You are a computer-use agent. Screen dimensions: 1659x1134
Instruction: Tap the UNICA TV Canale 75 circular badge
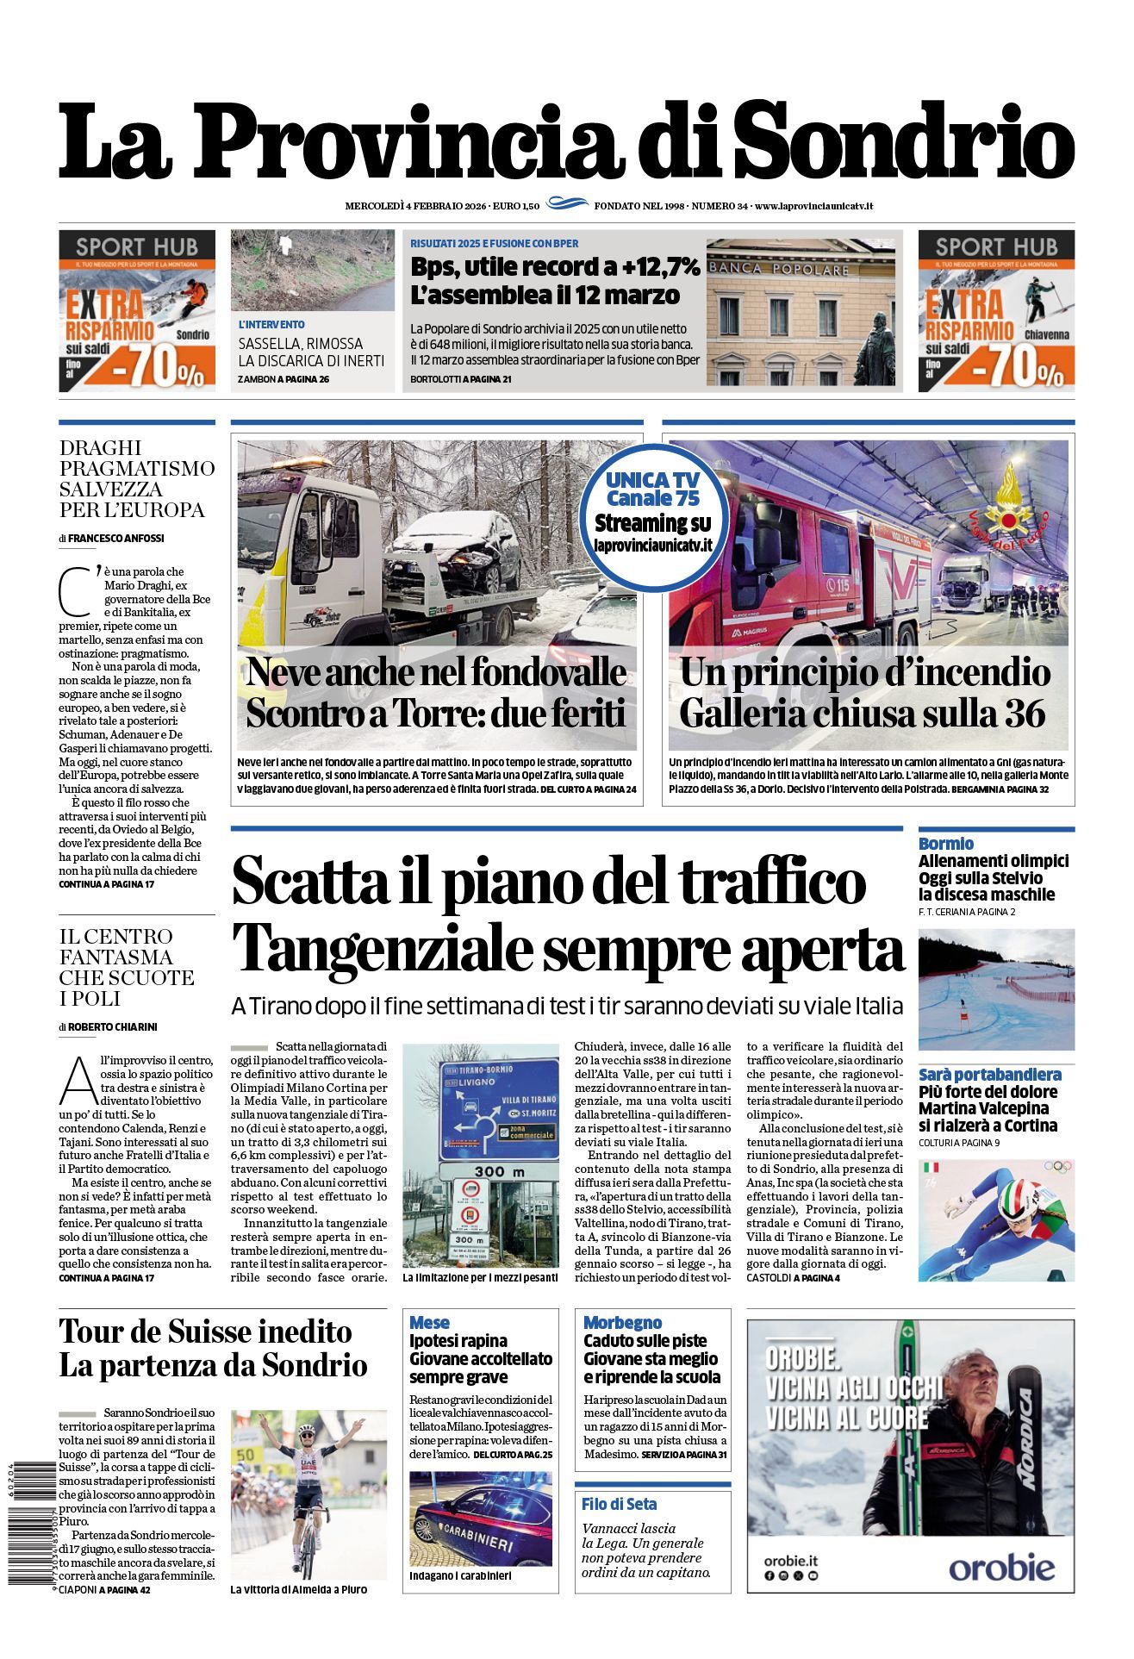click(653, 511)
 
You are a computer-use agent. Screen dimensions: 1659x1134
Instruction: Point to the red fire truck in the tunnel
click(801, 569)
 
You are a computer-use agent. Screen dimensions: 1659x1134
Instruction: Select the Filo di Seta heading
click(619, 1504)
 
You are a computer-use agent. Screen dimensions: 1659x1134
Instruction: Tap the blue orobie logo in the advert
click(1001, 1567)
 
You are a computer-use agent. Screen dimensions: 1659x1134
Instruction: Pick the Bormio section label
click(945, 844)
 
